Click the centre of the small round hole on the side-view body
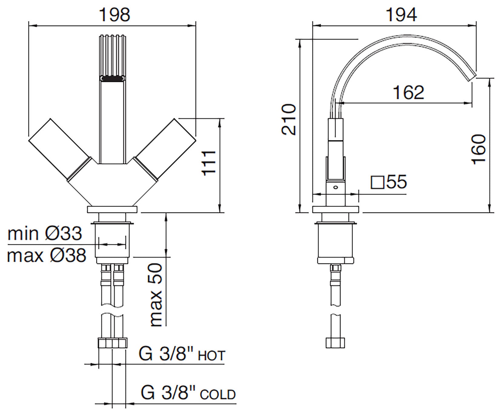tap(335, 188)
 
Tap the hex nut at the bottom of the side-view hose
tap(335, 342)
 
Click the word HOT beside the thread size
tap(212, 356)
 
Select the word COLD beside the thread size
tap(218, 394)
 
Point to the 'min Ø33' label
tap(45, 234)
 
